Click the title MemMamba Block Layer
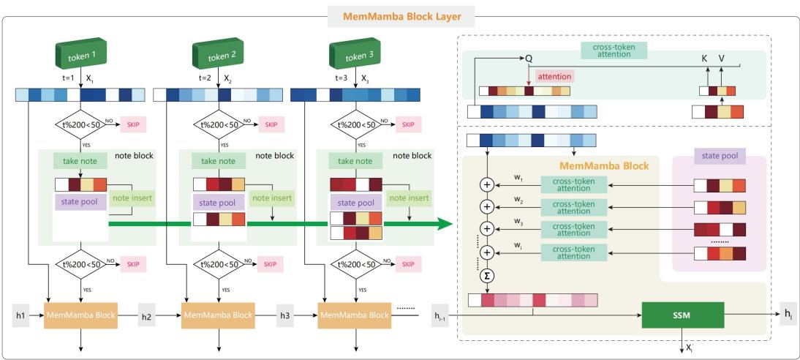tap(399, 12)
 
